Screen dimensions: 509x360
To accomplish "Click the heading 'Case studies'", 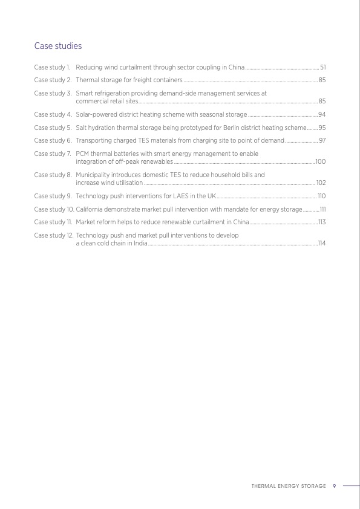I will (58, 46).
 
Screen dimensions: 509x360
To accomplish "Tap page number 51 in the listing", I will (322, 66).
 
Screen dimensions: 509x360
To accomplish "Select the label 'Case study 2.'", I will (53, 80).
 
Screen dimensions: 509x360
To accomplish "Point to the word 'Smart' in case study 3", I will (84, 94).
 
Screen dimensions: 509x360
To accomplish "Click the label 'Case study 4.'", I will (53, 114).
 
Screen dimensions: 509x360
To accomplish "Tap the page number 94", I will (322, 114).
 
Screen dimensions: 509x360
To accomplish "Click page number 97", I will (322, 140).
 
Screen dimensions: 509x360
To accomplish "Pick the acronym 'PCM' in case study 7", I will (83, 154).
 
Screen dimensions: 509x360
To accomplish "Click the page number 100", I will (321, 162).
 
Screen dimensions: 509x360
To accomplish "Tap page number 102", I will (321, 183).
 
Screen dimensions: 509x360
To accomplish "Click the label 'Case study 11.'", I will (53, 222).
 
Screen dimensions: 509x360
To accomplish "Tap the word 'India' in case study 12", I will (139, 243).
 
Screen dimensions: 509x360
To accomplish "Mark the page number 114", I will (322, 243).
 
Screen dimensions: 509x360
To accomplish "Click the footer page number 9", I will (334, 485).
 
